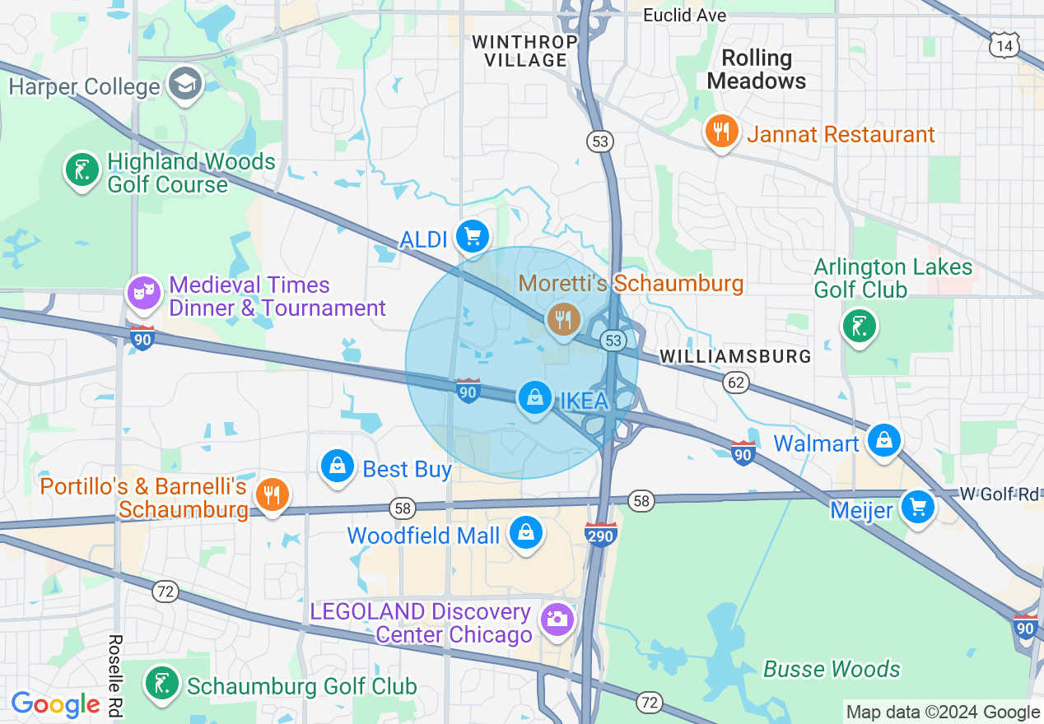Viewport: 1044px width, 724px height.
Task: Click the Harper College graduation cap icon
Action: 185,84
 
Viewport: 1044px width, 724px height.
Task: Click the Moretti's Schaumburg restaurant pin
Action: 563,318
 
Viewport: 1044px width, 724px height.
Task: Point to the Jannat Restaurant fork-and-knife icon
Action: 722,132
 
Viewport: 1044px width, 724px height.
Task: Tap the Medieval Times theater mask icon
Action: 145,293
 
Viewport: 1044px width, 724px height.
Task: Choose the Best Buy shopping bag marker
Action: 338,466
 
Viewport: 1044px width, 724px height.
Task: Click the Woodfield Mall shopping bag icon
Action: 525,533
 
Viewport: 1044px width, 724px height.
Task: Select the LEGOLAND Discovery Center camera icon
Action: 557,619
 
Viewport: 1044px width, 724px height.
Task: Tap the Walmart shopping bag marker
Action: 884,441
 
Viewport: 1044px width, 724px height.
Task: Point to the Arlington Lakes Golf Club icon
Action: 859,327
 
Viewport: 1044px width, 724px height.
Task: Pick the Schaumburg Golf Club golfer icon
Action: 162,684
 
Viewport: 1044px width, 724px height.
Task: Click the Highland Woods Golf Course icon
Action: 82,170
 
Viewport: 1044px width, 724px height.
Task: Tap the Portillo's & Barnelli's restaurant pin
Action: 271,494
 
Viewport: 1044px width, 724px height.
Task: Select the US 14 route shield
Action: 1004,46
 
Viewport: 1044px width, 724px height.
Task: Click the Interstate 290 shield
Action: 601,535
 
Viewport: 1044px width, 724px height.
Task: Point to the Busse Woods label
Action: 832,669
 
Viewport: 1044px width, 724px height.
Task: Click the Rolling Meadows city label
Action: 757,69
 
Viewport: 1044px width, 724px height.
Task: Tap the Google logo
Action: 55,704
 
